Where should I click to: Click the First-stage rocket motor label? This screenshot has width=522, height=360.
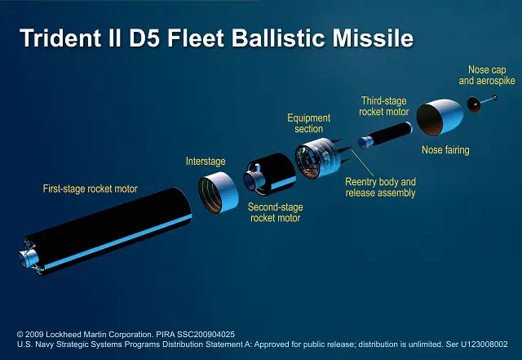pyautogui.click(x=90, y=189)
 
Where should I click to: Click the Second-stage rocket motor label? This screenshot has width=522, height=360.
pyautogui.click(x=275, y=212)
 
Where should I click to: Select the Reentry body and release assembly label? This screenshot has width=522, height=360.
pyautogui.click(x=380, y=187)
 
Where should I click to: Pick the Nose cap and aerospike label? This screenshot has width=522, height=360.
pyautogui.click(x=491, y=75)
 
